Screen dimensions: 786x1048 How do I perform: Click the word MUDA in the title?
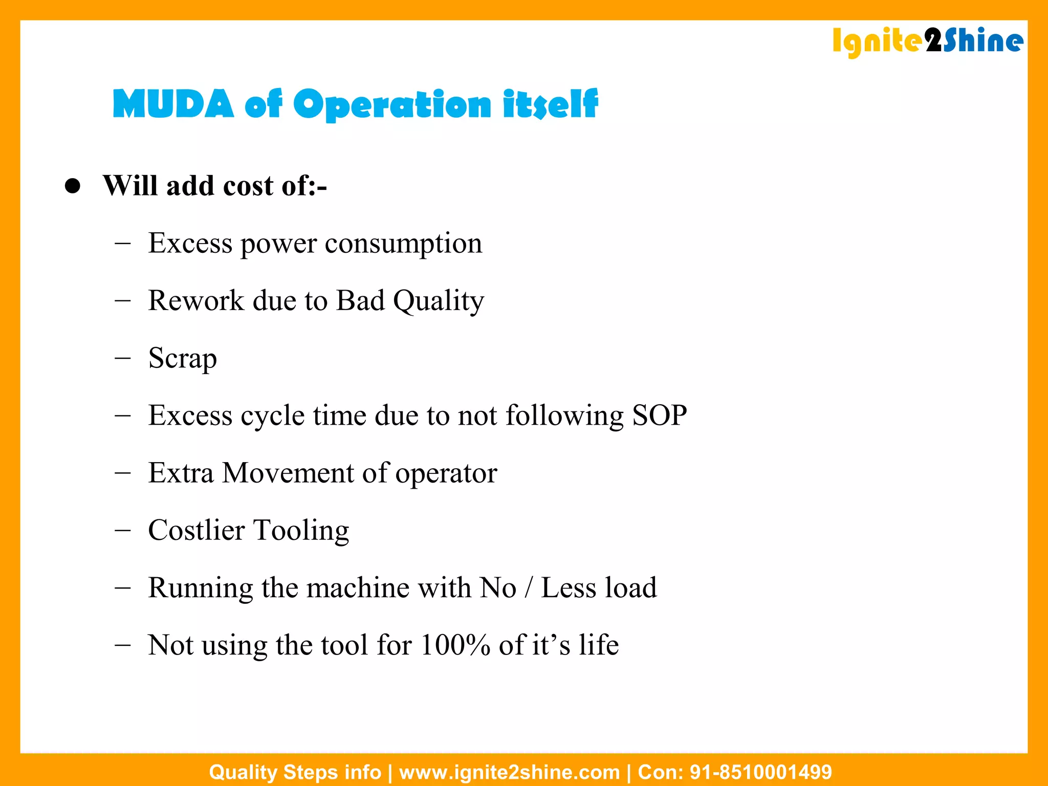tap(173, 104)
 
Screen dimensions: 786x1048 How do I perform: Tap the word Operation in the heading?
tap(392, 104)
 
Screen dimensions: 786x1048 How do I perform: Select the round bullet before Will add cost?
tap(73, 186)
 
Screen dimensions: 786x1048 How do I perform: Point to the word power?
tap(279, 244)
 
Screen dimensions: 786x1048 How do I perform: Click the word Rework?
tap(196, 300)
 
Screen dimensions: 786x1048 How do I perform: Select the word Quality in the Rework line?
tap(439, 301)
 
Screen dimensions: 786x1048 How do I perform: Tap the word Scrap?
tap(183, 358)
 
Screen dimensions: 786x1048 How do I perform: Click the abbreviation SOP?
tap(660, 415)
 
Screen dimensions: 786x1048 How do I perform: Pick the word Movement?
tap(288, 473)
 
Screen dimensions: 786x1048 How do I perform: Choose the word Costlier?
tap(196, 530)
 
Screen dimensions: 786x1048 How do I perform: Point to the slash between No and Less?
tap(529, 588)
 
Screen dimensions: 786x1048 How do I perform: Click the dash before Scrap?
tap(123, 358)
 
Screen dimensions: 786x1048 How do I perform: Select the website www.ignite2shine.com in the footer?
tap(509, 772)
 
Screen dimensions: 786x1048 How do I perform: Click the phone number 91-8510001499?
tap(761, 772)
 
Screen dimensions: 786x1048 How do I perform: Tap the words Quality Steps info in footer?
tap(295, 772)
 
